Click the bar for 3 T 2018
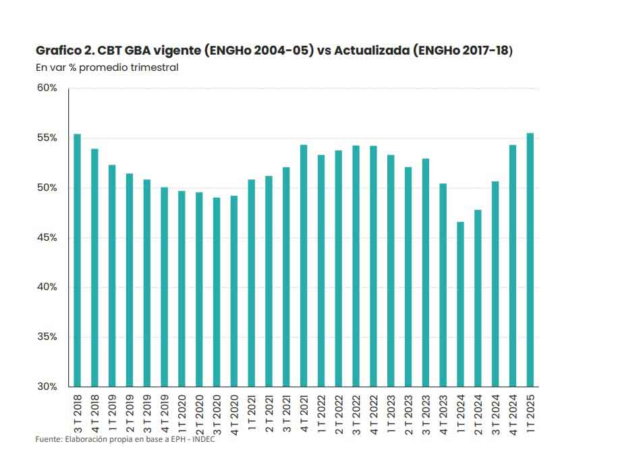point(77,260)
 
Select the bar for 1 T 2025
point(530,260)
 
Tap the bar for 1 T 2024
point(461,304)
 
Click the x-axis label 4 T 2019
point(165,412)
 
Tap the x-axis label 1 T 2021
point(252,412)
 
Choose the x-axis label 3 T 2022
point(356,412)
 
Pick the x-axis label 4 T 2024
point(513,412)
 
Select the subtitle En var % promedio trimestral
point(107,67)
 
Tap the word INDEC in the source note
point(202,439)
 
